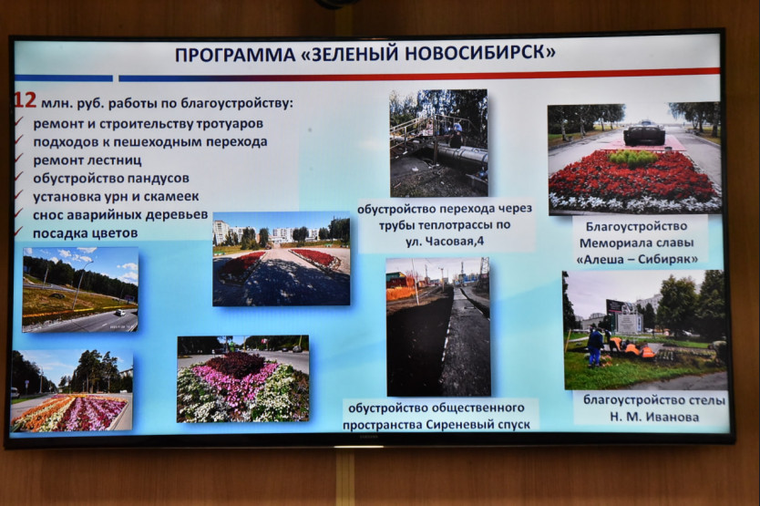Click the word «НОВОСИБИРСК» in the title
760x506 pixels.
tap(480, 53)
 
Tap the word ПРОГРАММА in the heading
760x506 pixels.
tap(235, 55)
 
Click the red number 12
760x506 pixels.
tap(25, 100)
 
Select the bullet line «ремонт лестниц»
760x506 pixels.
tap(87, 160)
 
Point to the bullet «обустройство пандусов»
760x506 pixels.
tap(111, 179)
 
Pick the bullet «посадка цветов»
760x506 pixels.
tap(86, 233)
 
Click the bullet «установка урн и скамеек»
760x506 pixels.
tap(116, 197)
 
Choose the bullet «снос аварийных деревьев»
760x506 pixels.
tap(120, 215)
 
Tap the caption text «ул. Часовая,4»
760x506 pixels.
tap(445, 241)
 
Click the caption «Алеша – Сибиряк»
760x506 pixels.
tap(637, 260)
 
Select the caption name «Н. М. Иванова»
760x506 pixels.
tap(654, 418)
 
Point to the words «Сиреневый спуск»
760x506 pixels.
tap(478, 425)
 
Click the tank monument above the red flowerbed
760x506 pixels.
tap(644, 132)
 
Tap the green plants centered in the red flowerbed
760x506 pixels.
tap(633, 158)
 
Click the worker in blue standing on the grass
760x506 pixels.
tap(594, 346)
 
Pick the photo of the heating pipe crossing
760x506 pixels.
tap(438, 143)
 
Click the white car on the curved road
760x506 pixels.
tap(118, 313)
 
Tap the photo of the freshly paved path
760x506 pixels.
tap(438, 326)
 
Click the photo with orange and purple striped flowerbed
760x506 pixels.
tap(72, 391)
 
